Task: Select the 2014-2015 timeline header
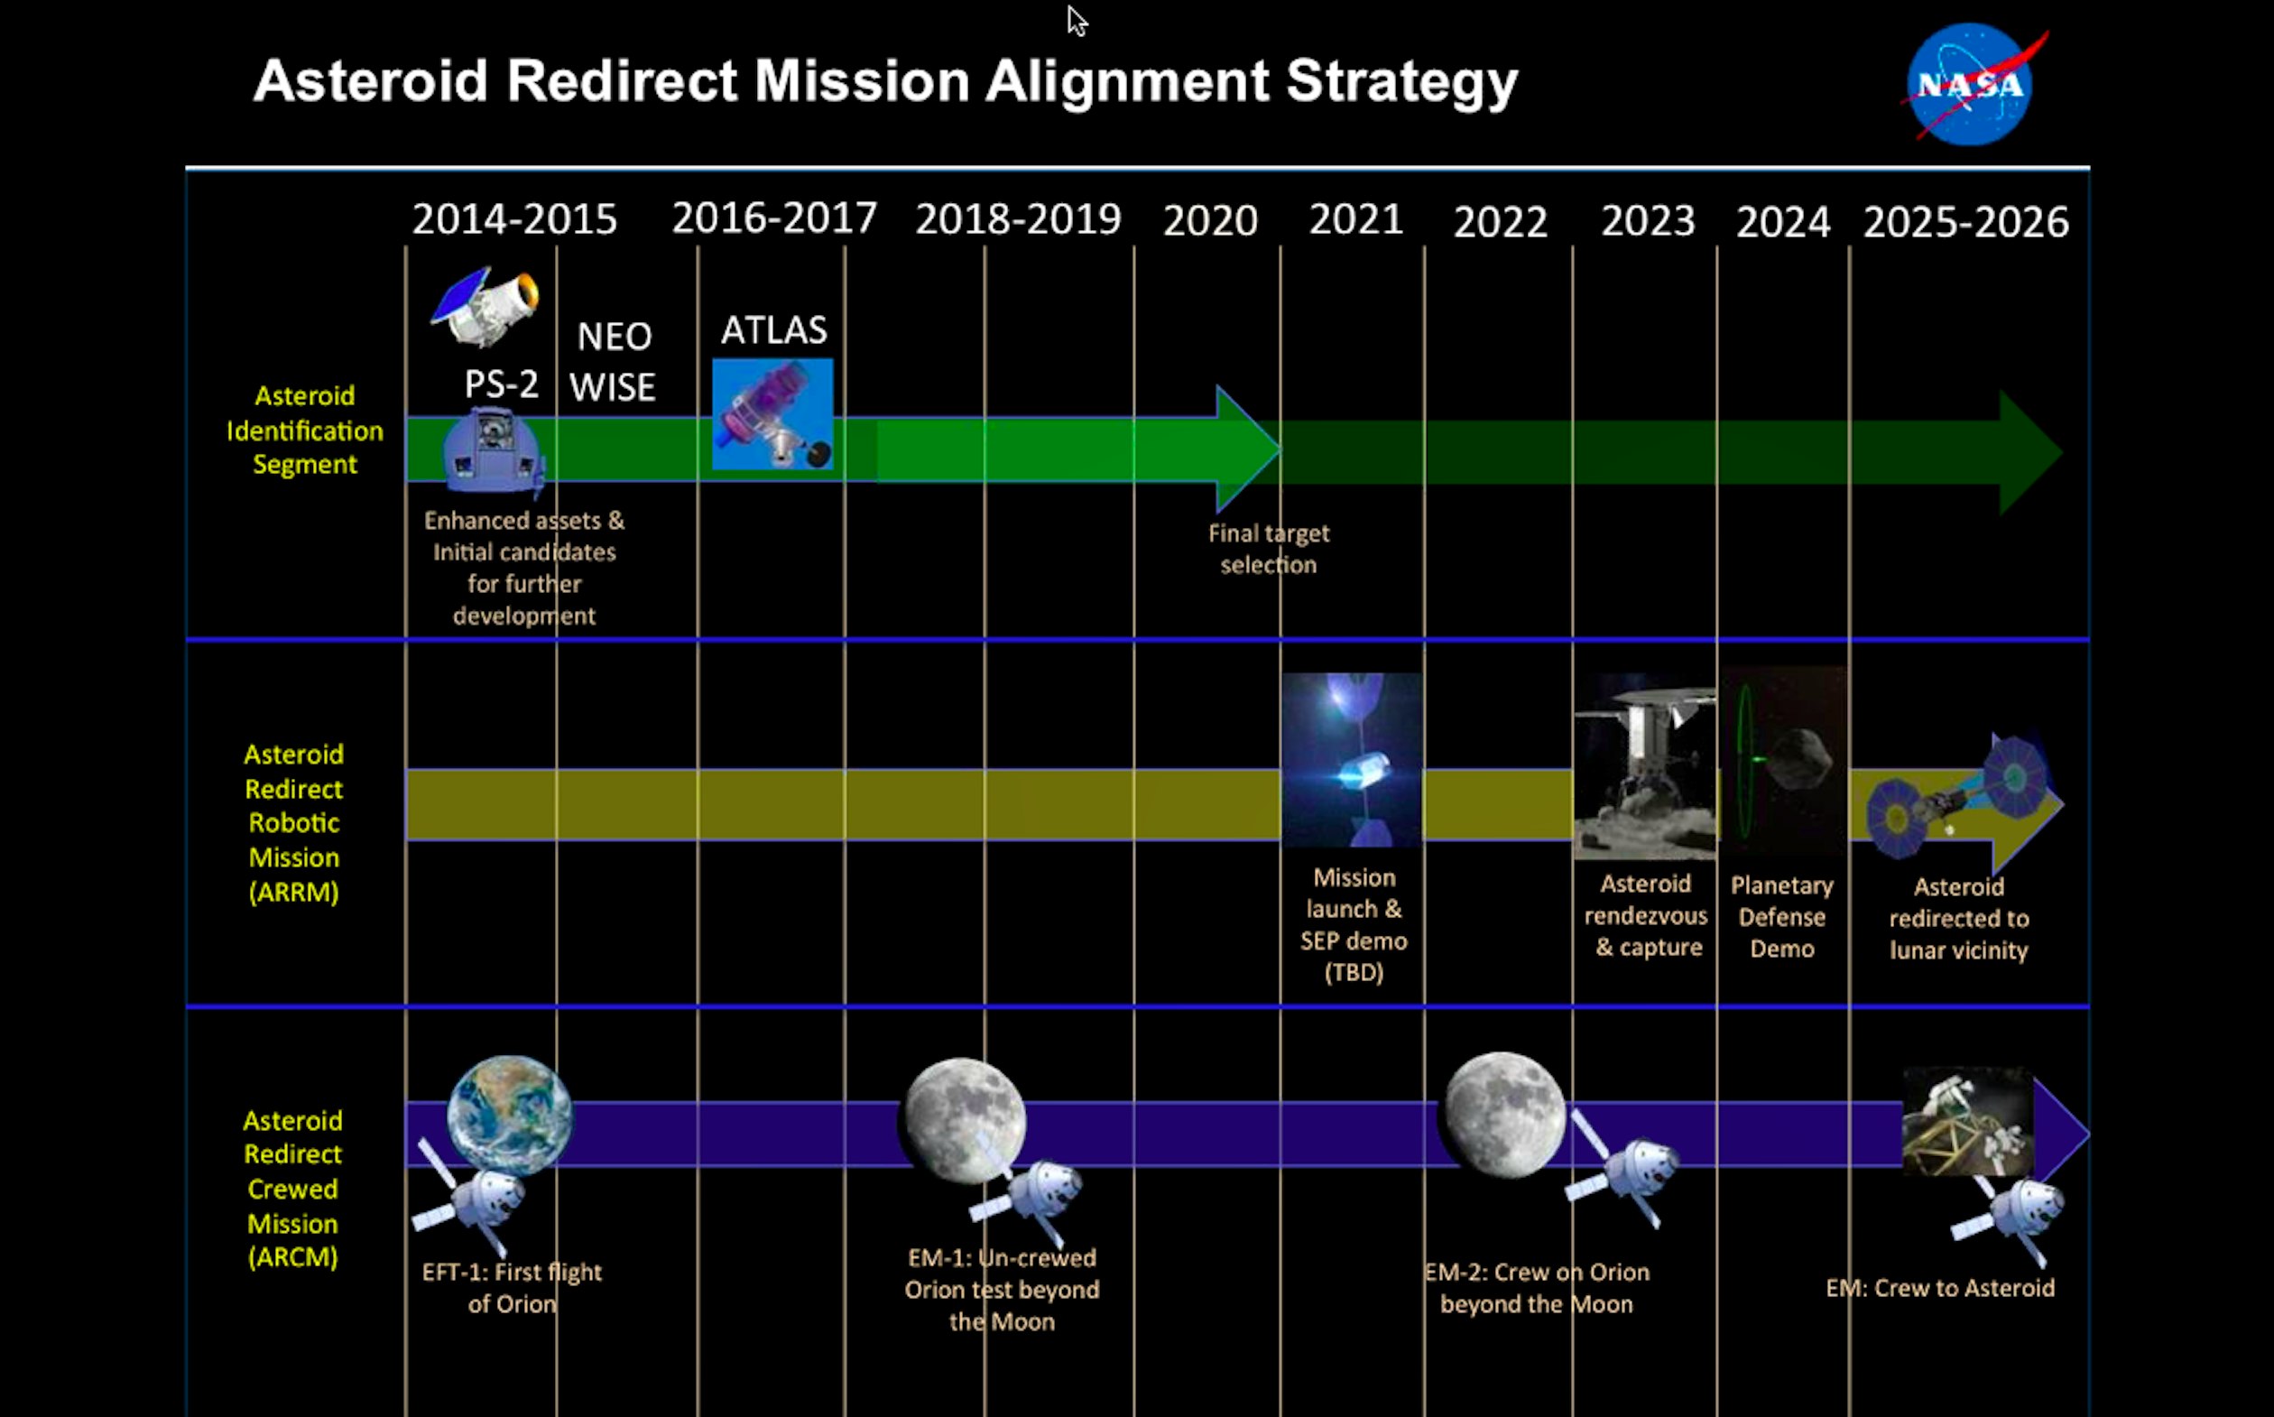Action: (x=514, y=219)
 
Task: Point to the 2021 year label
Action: (x=1355, y=219)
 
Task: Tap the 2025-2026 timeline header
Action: (x=1965, y=222)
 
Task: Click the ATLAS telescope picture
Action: (x=772, y=413)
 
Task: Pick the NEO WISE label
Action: (x=613, y=361)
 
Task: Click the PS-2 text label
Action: (x=502, y=384)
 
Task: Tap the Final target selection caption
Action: (x=1269, y=549)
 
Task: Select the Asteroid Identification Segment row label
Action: (x=304, y=431)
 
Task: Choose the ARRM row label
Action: (x=293, y=823)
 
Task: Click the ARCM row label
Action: (x=292, y=1189)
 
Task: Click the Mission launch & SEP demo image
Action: (x=1351, y=760)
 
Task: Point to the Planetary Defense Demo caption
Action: (x=1782, y=917)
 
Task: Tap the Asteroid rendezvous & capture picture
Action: (x=1645, y=765)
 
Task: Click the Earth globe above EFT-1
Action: (x=510, y=1116)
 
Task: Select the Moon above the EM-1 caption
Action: (x=962, y=1121)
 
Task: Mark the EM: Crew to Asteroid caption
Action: (x=1940, y=1289)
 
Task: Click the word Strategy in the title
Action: (x=1401, y=82)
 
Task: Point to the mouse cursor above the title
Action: (x=1077, y=21)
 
